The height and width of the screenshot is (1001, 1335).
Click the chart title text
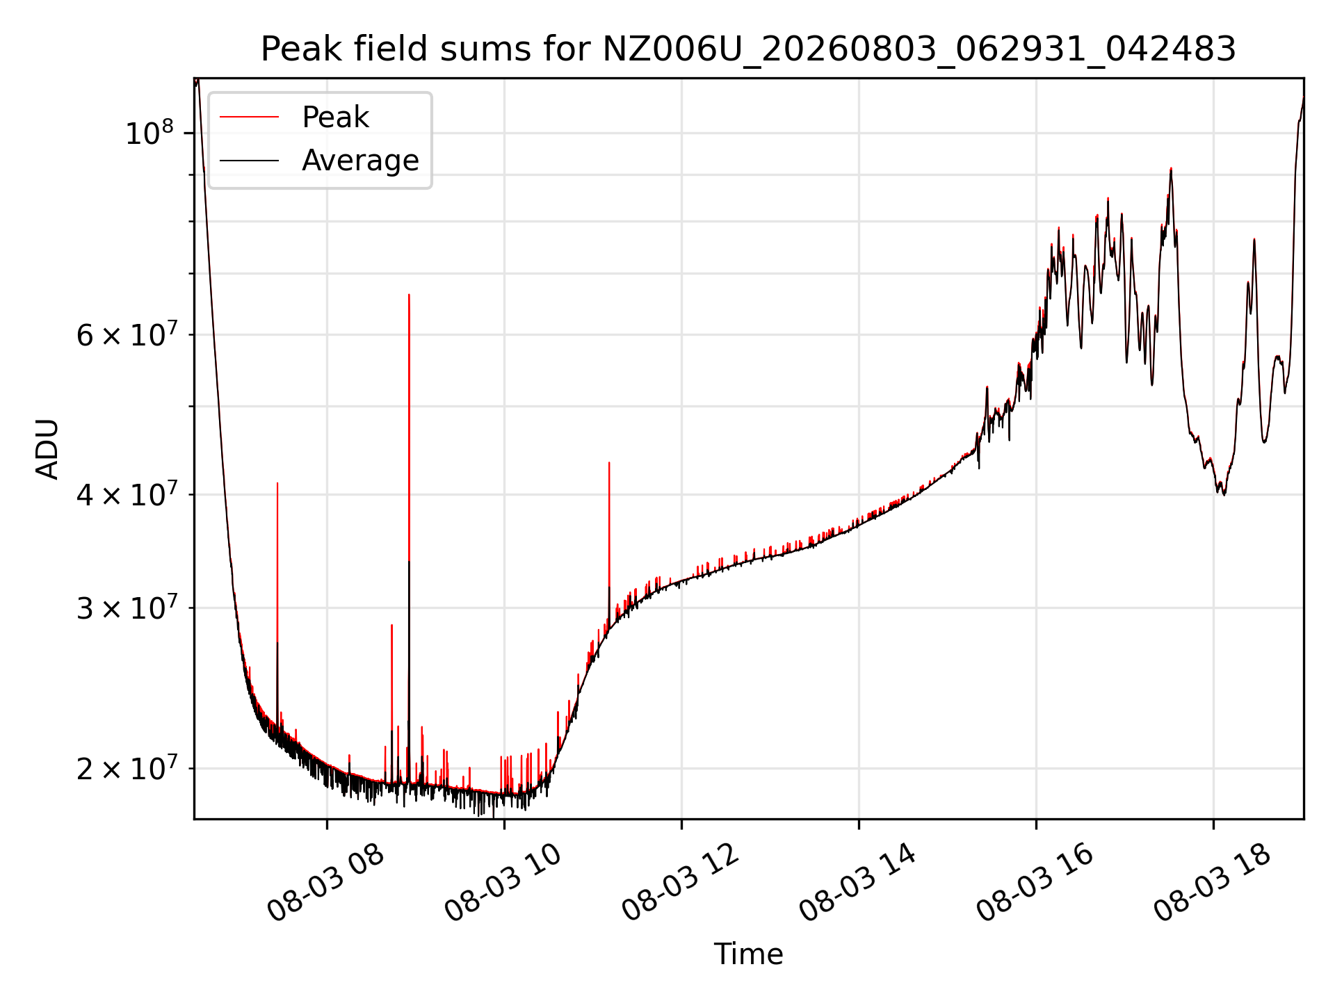pos(748,49)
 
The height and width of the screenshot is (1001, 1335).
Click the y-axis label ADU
pos(47,449)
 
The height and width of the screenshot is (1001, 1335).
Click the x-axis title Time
pos(748,954)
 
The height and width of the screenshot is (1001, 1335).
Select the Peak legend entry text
pos(335,117)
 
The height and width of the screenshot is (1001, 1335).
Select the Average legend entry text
pos(360,161)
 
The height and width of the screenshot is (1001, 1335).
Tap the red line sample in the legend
pos(250,117)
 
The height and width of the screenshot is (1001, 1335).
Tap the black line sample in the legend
pos(250,161)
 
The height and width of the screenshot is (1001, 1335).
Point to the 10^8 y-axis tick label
pos(149,132)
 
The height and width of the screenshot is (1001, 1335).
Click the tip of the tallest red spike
pos(409,294)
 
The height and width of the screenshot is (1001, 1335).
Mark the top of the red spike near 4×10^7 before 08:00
pos(277,482)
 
